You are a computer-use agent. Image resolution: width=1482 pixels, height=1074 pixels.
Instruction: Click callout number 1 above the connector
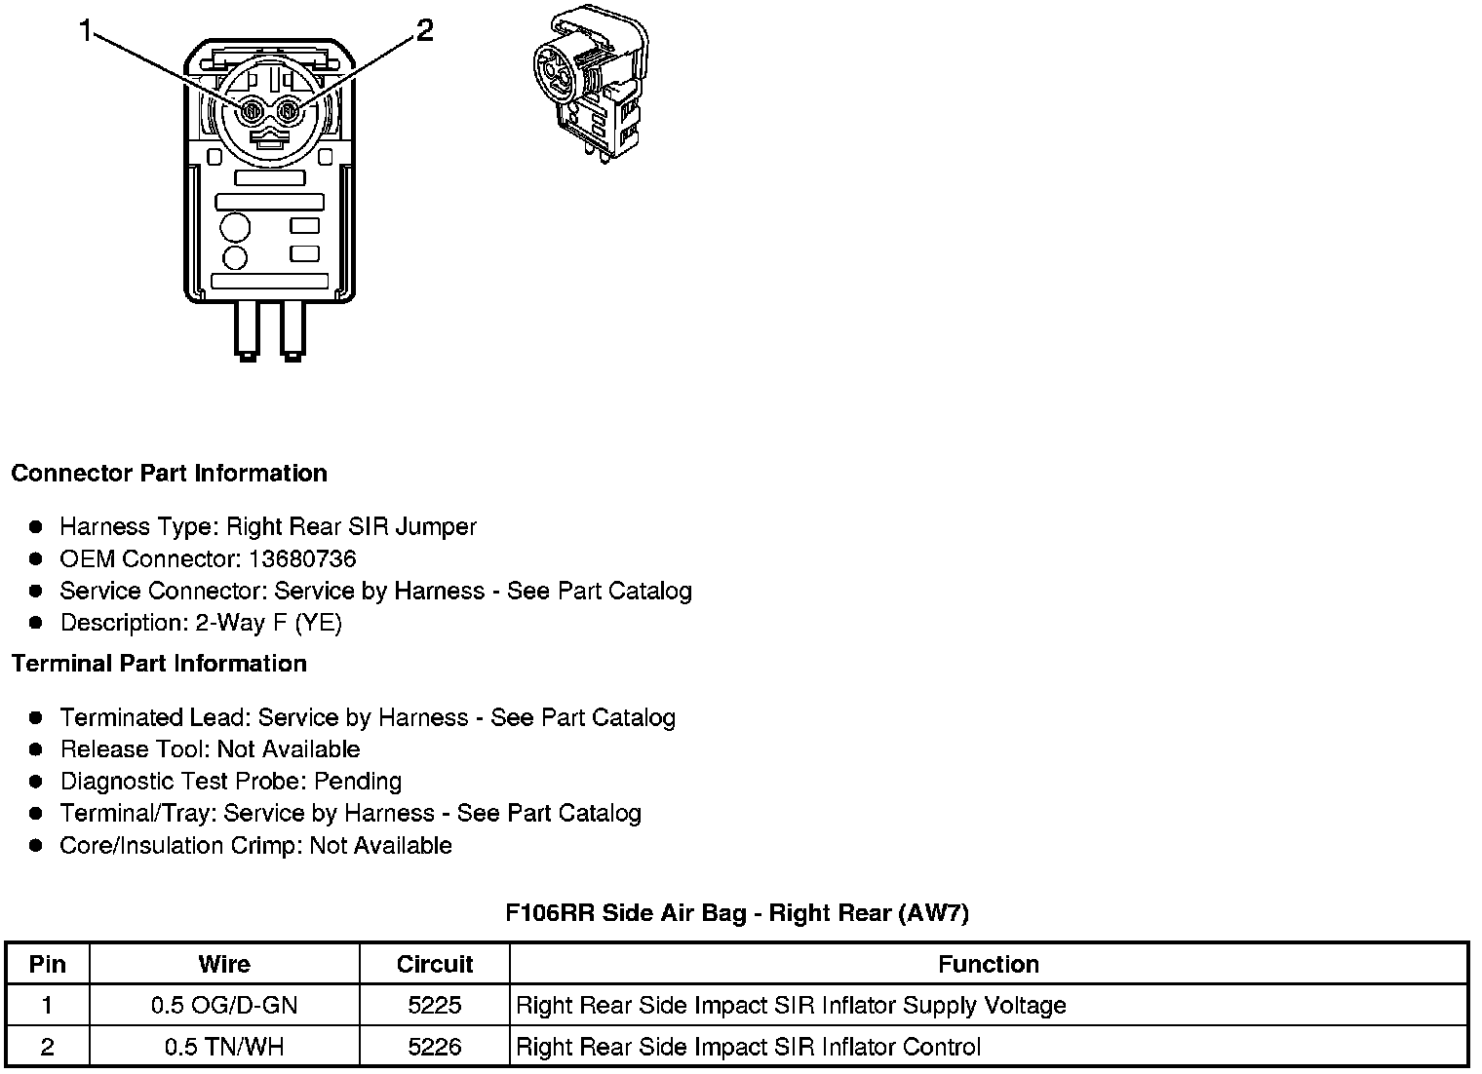[x=86, y=32]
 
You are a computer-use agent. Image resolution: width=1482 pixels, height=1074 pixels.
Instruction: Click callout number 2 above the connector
[x=424, y=31]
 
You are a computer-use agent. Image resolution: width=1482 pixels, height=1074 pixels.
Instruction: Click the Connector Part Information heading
[x=169, y=474]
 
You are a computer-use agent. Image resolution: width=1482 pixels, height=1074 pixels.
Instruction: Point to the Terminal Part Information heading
[x=159, y=664]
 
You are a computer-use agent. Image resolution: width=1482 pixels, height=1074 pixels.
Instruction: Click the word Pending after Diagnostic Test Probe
[x=358, y=782]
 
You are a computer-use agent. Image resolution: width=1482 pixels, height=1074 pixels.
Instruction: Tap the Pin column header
[x=48, y=965]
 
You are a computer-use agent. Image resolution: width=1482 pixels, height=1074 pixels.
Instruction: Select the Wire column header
[x=224, y=965]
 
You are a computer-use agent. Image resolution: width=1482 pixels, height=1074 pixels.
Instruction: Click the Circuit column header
[x=435, y=965]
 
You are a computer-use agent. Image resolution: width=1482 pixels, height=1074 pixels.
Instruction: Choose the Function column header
[x=988, y=965]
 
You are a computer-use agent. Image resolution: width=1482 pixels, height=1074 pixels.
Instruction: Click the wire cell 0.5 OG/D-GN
[x=224, y=1006]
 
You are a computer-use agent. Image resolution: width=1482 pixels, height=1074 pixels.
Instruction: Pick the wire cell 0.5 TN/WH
[x=224, y=1048]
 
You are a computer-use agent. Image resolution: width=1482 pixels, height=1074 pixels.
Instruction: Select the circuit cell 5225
[x=435, y=1006]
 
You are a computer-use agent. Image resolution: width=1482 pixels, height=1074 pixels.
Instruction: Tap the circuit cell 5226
[x=435, y=1048]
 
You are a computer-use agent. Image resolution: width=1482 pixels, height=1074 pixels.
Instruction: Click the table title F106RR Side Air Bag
[x=737, y=913]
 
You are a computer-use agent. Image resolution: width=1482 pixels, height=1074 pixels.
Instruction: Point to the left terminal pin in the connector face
[x=252, y=113]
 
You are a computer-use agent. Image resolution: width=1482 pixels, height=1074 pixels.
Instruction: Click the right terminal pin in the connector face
[x=288, y=113]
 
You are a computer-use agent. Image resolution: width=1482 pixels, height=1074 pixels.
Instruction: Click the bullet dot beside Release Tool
[x=36, y=749]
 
